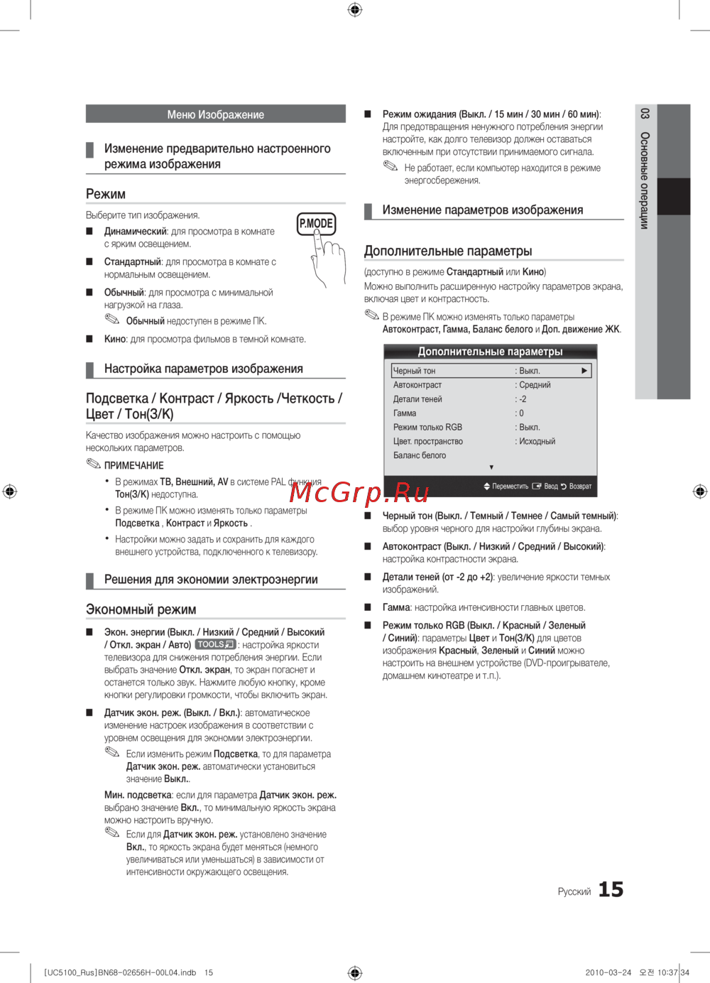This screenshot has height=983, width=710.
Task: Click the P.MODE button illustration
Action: coord(316,224)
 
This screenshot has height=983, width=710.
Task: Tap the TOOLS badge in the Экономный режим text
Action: coord(216,644)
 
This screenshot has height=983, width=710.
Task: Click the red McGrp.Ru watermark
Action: coord(359,492)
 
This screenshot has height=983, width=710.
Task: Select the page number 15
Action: coord(611,889)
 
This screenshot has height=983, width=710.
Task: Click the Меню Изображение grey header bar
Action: coord(216,114)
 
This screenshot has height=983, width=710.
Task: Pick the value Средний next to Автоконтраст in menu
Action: coord(535,385)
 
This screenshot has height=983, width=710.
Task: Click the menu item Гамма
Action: coord(405,413)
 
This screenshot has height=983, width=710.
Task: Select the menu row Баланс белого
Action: coord(420,455)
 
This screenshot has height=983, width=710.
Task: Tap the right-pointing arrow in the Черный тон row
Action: coord(584,371)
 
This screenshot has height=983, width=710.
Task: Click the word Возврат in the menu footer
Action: coord(580,487)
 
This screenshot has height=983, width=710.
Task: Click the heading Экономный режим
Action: coord(141,609)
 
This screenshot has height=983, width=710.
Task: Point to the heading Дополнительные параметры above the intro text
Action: coord(448,251)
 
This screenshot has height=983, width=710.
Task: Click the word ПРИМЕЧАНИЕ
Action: coord(133,465)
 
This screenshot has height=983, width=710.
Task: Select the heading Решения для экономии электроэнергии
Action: coord(211,580)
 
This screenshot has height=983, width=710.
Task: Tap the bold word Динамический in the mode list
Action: coord(135,232)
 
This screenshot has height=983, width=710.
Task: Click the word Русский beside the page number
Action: coord(574,891)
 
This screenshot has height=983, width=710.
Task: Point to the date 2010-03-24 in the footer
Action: coord(608,972)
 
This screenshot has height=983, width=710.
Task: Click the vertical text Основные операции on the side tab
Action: coord(644,180)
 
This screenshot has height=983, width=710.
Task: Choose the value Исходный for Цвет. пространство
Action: coord(537,441)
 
